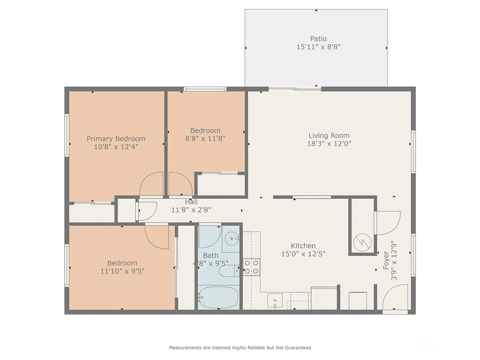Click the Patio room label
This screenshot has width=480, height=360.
318,39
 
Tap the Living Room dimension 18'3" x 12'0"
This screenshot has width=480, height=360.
329,143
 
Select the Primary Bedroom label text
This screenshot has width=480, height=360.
116,139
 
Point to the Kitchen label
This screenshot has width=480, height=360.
303,246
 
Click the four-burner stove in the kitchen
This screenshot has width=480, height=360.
251,267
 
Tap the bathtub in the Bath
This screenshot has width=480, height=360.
218,297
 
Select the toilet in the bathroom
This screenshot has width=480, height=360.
229,270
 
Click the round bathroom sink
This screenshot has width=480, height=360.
231,238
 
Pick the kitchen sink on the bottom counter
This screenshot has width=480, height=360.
275,300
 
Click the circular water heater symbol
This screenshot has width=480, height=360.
362,243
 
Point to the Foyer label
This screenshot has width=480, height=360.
386,260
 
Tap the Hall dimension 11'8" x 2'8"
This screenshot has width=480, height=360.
191,210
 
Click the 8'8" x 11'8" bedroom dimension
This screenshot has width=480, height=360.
205,138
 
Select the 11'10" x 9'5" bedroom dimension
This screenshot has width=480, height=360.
122,271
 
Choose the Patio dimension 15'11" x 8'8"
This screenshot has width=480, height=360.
318,47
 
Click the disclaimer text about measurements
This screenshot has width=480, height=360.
240,348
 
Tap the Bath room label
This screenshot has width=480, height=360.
210,255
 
